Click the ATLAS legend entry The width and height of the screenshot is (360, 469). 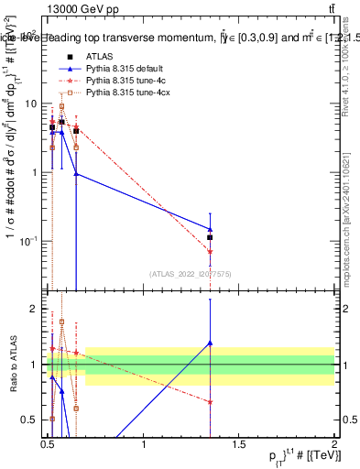coord(99,57)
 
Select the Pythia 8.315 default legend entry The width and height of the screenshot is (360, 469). coord(123,70)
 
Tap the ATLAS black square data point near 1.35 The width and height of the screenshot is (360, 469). coord(210,237)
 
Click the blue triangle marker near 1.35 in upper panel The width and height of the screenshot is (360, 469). coord(210,229)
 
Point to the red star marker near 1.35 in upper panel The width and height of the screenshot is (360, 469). coord(210,251)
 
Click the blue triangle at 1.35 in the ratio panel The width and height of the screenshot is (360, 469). coord(210,343)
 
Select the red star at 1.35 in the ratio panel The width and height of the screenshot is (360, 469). coord(210,402)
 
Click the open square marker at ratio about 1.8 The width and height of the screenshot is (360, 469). coord(61,322)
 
